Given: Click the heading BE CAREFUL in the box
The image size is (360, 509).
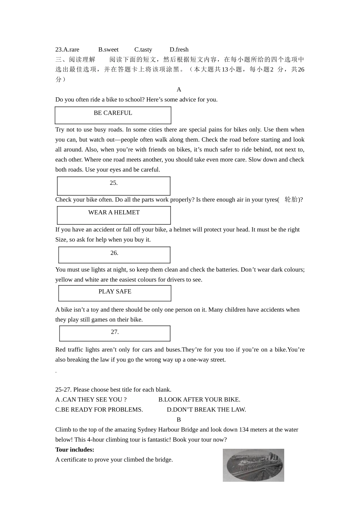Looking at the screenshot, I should (x=113, y=113).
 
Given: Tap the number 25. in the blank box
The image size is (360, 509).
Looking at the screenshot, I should (x=114, y=183).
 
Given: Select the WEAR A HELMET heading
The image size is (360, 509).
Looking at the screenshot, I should (x=114, y=212).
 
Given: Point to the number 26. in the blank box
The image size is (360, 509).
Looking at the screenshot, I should (x=114, y=253).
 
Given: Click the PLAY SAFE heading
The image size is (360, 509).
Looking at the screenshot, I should (x=115, y=292).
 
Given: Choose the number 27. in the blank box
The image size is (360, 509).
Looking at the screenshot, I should (x=115, y=332).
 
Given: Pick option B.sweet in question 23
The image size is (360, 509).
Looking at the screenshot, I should (x=108, y=50).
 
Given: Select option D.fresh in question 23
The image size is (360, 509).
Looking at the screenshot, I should (x=179, y=50).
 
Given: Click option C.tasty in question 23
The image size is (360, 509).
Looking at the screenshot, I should (x=143, y=50).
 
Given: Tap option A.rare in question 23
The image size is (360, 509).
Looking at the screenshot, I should (x=67, y=50).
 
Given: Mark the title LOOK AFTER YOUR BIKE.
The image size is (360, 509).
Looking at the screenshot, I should (x=199, y=400).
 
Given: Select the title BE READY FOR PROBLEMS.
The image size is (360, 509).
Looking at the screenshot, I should (x=99, y=409).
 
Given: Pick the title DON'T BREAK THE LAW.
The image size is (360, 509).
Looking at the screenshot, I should (x=207, y=409).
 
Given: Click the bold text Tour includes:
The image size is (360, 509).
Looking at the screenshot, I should (x=75, y=450).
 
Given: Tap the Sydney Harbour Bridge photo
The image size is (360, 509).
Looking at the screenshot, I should (x=253, y=465).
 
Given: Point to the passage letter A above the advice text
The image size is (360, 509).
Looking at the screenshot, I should (x=179, y=90).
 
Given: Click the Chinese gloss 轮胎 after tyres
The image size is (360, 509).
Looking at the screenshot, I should (x=291, y=200).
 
